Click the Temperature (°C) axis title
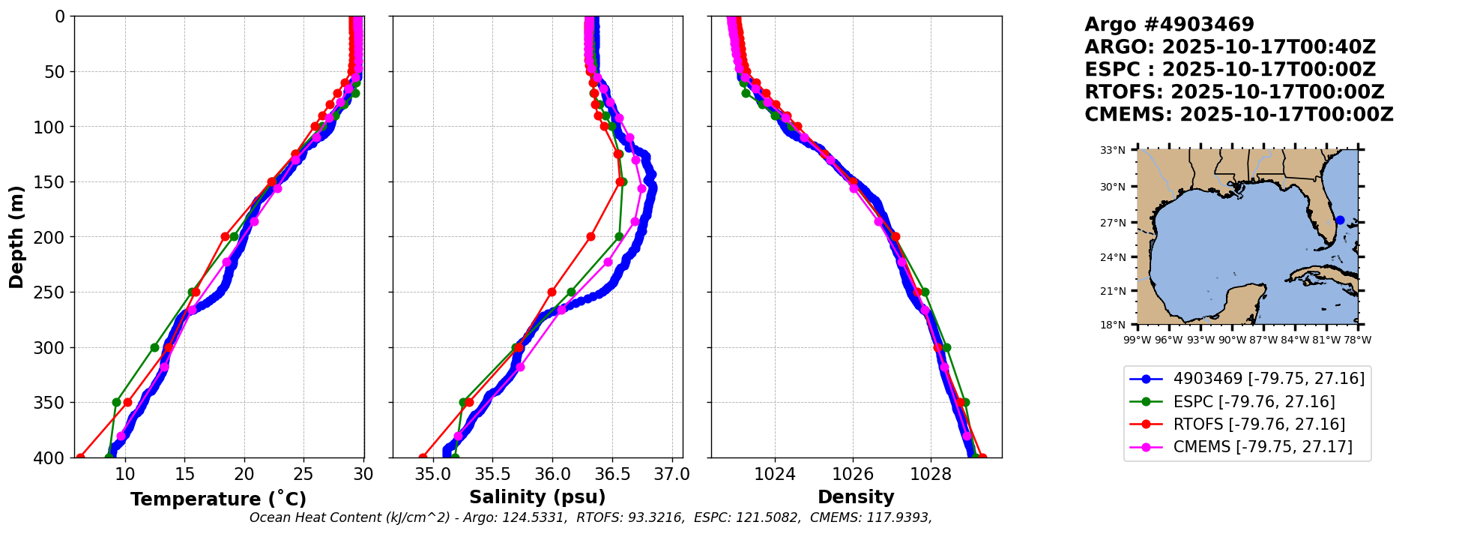218,499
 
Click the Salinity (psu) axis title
537,497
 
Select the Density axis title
856,497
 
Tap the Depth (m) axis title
16,236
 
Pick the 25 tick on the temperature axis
303,475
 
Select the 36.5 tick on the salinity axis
612,475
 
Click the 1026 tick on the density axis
853,475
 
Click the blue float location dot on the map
1340,220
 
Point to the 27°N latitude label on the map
1113,223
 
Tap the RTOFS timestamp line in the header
1234,92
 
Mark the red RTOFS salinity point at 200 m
590,237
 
